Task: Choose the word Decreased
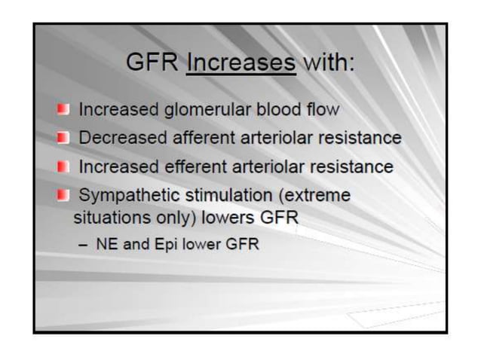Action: [x=123, y=139]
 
